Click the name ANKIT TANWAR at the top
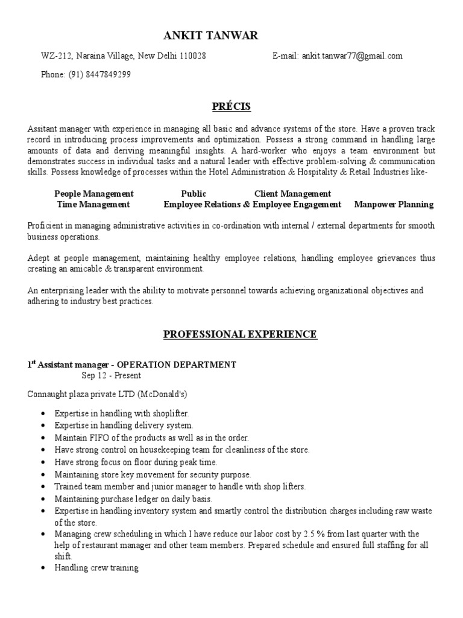click(x=210, y=36)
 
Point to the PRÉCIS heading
click(x=231, y=107)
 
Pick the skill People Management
click(x=93, y=194)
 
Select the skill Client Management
click(x=292, y=194)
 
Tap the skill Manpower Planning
click(x=394, y=205)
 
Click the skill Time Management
click(x=93, y=205)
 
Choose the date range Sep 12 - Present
click(x=111, y=375)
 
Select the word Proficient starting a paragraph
click(x=46, y=226)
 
